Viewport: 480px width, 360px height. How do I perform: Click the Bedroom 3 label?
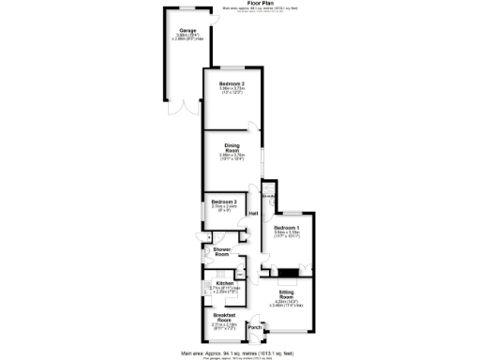223,202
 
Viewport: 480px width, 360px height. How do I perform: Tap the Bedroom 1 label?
287,228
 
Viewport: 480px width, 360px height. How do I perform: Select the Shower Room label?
222,251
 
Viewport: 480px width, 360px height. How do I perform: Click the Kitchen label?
224,282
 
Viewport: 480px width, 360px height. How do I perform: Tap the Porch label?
254,327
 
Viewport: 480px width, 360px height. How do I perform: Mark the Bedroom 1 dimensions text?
287,236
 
